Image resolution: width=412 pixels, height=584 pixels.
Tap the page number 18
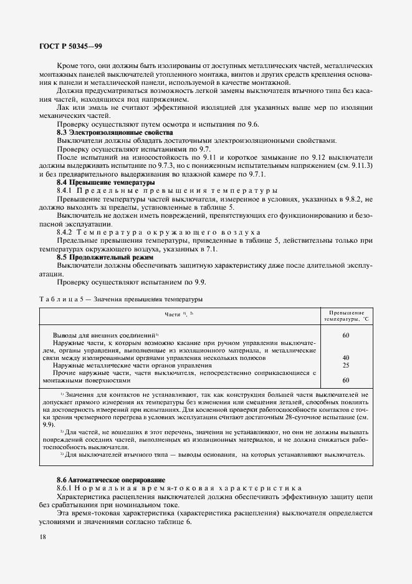point(42,537)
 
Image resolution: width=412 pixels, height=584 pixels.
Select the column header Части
point(179,315)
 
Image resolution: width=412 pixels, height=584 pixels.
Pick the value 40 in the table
point(345,358)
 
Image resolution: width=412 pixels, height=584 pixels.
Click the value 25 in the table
point(345,365)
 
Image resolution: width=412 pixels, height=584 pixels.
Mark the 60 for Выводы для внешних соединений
point(345,335)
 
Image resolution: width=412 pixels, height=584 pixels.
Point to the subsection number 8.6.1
point(67,487)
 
